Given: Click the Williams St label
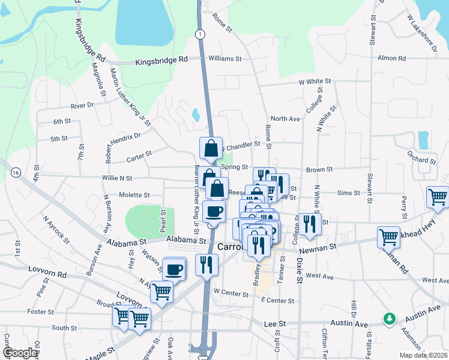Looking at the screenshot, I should pyautogui.click(x=224, y=59).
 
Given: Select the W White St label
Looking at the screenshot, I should pyautogui.click(x=315, y=81).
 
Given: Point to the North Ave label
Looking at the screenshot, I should pyautogui.click(x=285, y=119).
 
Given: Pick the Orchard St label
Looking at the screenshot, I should pyautogui.click(x=421, y=160).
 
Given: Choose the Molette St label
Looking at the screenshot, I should pyautogui.click(x=134, y=195).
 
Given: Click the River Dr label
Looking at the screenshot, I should pyautogui.click(x=82, y=105).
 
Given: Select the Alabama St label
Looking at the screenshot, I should pyautogui.click(x=127, y=243).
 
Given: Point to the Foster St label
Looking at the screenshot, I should pyautogui.click(x=41, y=312).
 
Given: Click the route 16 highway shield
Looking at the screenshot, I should pyautogui.click(x=15, y=173).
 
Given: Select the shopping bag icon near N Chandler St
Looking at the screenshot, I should pyautogui.click(x=211, y=148).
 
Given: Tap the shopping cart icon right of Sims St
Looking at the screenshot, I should pyautogui.click(x=438, y=197).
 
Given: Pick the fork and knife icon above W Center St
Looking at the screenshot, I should pyautogui.click(x=207, y=265).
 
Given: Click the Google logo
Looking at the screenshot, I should pyautogui.click(x=19, y=353).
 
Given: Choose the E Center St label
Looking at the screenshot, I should pyautogui.click(x=277, y=300).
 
